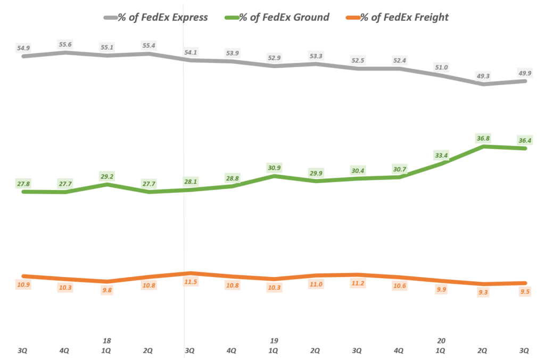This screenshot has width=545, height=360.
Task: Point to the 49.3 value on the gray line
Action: [483, 76]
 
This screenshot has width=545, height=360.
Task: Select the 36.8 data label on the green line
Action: [483, 138]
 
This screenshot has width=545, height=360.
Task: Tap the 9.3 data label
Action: [483, 292]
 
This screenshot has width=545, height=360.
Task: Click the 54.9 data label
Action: [23, 48]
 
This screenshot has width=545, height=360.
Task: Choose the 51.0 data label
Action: [441, 67]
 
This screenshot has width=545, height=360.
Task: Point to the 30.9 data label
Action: [273, 168]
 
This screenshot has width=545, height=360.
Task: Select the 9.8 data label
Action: [107, 290]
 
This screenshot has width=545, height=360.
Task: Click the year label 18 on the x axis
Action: [107, 340]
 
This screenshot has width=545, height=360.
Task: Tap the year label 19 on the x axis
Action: [274, 340]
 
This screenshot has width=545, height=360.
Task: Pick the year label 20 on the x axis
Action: [441, 340]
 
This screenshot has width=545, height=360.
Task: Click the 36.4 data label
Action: [524, 141]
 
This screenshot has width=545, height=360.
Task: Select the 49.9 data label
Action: [524, 73]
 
